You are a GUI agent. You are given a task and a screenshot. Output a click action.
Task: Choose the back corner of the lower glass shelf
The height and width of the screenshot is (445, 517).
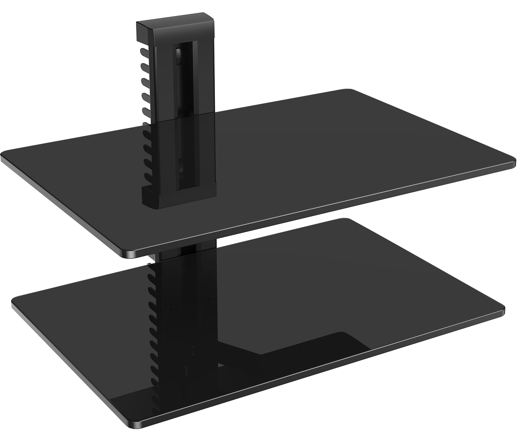pyautogui.click(x=341, y=220)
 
